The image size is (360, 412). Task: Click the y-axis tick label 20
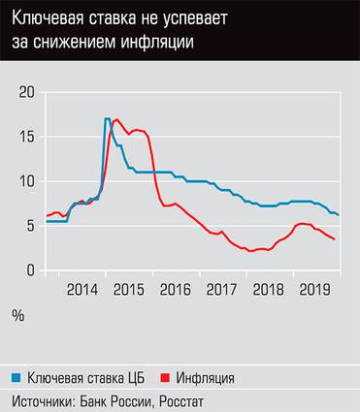(x=27, y=92)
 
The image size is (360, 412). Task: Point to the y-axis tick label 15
(x=27, y=137)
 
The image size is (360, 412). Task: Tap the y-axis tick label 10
(x=27, y=181)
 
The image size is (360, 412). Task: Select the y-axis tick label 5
(x=31, y=226)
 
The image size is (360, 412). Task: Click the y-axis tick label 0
(x=31, y=269)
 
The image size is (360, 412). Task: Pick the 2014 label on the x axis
(x=82, y=289)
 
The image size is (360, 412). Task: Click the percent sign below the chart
(x=18, y=316)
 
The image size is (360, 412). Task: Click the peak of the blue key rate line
(x=107, y=118)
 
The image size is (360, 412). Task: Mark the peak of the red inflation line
(x=116, y=119)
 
